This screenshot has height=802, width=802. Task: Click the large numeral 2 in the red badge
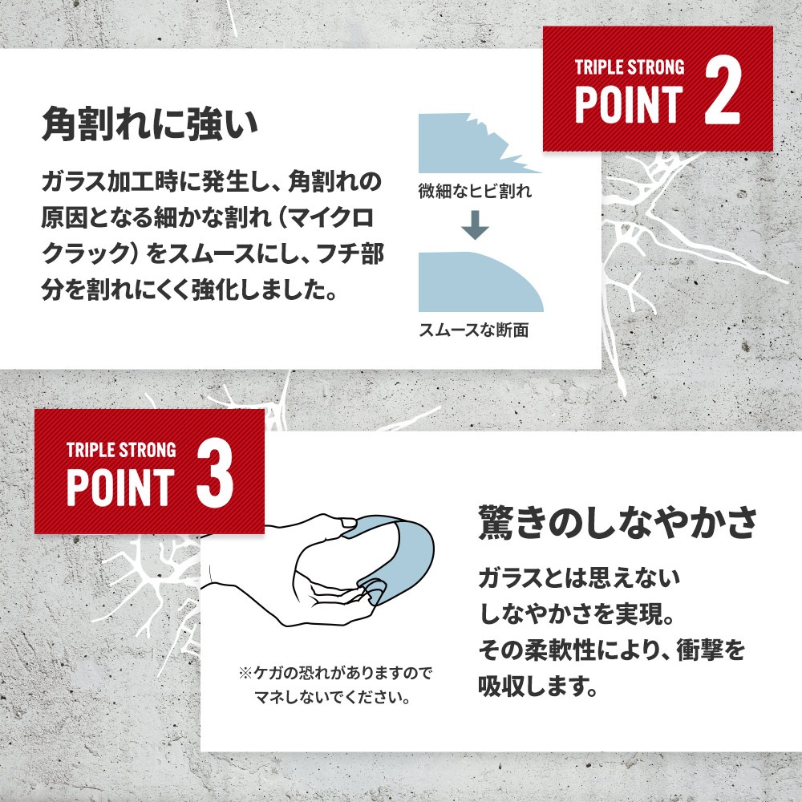pos(723,91)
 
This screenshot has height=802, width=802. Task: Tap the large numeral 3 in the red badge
pos(215,474)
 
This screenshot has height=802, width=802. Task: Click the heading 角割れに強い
pos(150,124)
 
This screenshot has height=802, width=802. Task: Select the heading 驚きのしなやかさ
pos(618,522)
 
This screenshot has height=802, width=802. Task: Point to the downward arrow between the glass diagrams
pos(475,225)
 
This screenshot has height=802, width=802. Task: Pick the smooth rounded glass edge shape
pos(480,282)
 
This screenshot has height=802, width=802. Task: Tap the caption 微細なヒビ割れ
pos(475,192)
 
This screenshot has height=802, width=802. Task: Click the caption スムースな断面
pos(474,330)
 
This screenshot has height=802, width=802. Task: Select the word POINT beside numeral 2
pos(629,104)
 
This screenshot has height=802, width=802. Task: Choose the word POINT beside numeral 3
pos(121,488)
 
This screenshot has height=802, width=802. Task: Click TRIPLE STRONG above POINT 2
pos(630,67)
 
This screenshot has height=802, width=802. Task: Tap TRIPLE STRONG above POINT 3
pos(121,450)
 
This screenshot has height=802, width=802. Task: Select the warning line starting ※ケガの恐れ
pos(335,673)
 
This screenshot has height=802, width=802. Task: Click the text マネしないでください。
pos(333,697)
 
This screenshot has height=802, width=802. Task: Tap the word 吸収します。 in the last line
pos(539,686)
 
